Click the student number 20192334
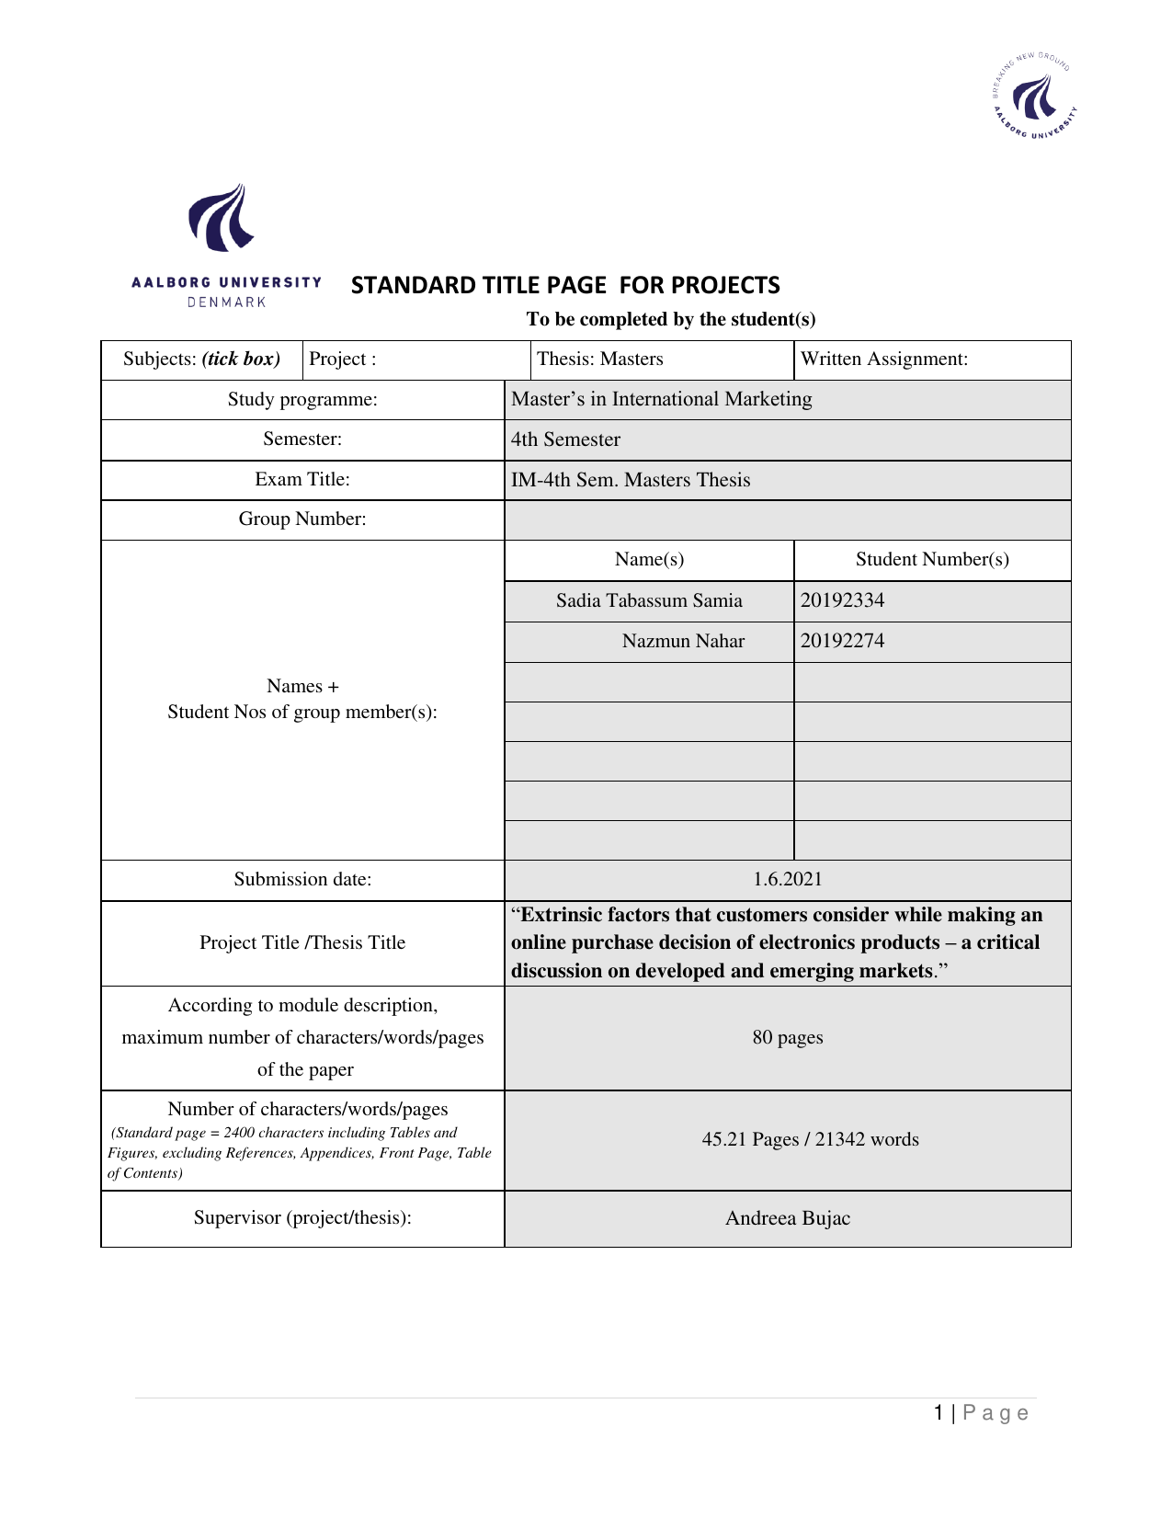[842, 600]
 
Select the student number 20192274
[842, 641]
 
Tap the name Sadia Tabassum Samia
[649, 600]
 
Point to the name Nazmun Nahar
[683, 641]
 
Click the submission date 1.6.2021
[788, 879]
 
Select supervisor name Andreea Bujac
[788, 1218]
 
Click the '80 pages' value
[788, 1037]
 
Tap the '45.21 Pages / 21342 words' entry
[810, 1139]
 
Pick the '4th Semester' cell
[565, 439]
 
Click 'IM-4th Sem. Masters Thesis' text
[631, 480]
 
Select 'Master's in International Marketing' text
[661, 399]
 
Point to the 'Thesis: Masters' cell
[599, 359]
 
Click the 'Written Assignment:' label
[884, 359]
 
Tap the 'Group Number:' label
[302, 519]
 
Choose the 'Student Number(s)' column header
[932, 559]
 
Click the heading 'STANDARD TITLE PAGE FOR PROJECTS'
[565, 285]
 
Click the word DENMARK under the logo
[226, 302]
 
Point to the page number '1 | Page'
[981, 1413]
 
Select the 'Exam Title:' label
[302, 479]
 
